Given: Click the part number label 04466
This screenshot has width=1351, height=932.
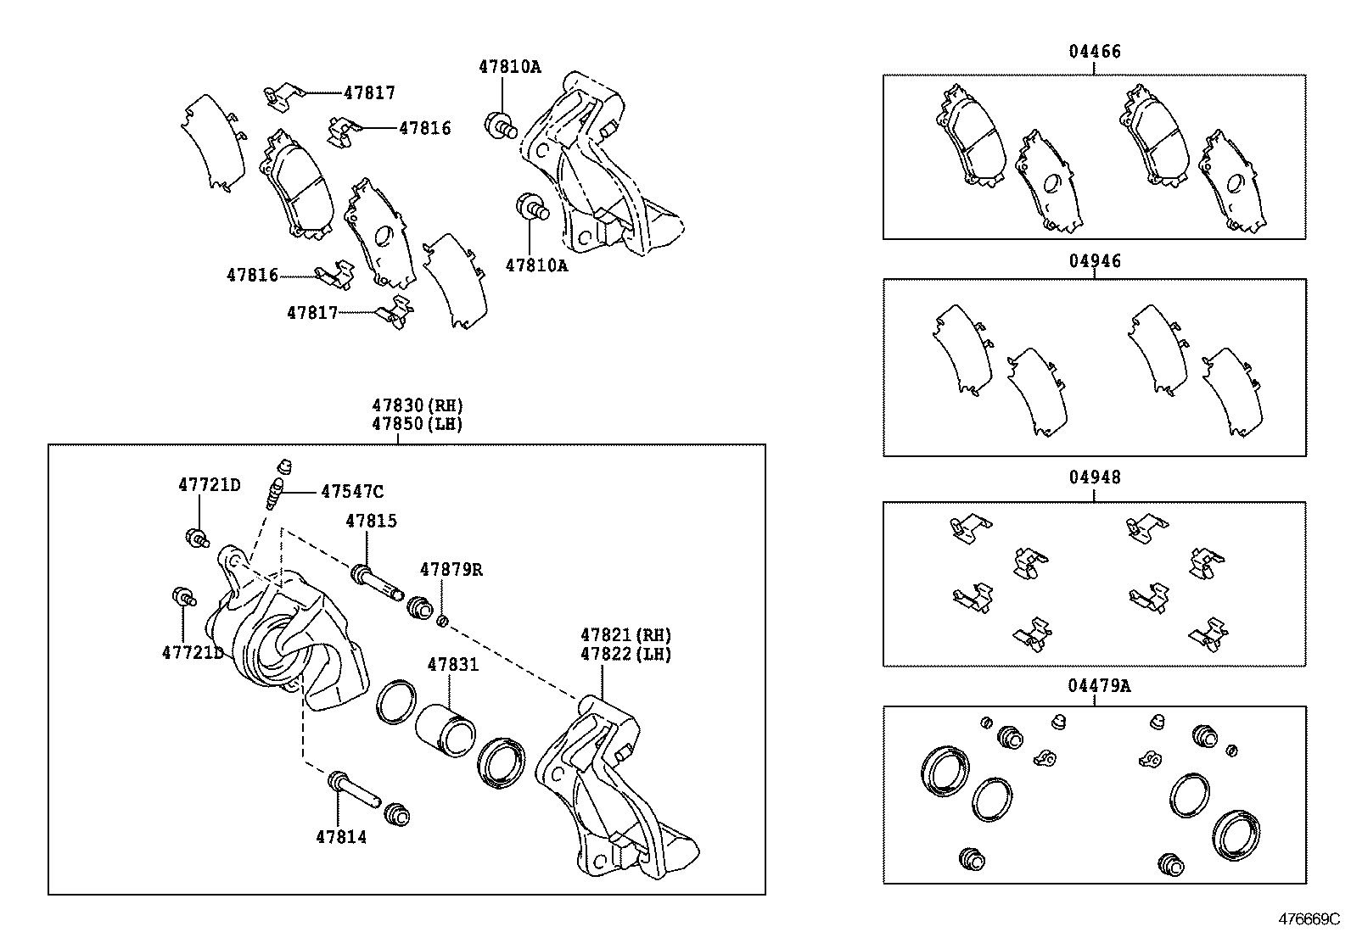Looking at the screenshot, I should click(x=1094, y=52).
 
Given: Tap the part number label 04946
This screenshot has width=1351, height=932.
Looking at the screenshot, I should click(x=1094, y=261).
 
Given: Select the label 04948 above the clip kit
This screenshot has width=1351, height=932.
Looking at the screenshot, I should click(x=1094, y=477).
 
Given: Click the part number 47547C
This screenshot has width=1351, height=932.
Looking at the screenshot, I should click(x=351, y=492).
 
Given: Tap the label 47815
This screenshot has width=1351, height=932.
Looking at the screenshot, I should click(x=370, y=521).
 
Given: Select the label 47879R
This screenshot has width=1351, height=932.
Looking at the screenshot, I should click(x=451, y=570).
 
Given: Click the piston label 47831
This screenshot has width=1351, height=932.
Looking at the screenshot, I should click(x=452, y=665).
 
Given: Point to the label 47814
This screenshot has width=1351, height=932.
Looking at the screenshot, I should click(x=341, y=837).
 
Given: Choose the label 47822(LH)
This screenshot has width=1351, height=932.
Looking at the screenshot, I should click(x=625, y=654).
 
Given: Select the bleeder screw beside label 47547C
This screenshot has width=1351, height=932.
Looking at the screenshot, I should click(x=273, y=494).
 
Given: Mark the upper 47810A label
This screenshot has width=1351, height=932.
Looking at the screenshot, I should click(x=509, y=66).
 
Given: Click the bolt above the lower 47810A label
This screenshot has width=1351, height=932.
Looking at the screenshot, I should click(x=532, y=206).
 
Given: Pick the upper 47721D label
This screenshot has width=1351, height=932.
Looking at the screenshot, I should click(x=209, y=485).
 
